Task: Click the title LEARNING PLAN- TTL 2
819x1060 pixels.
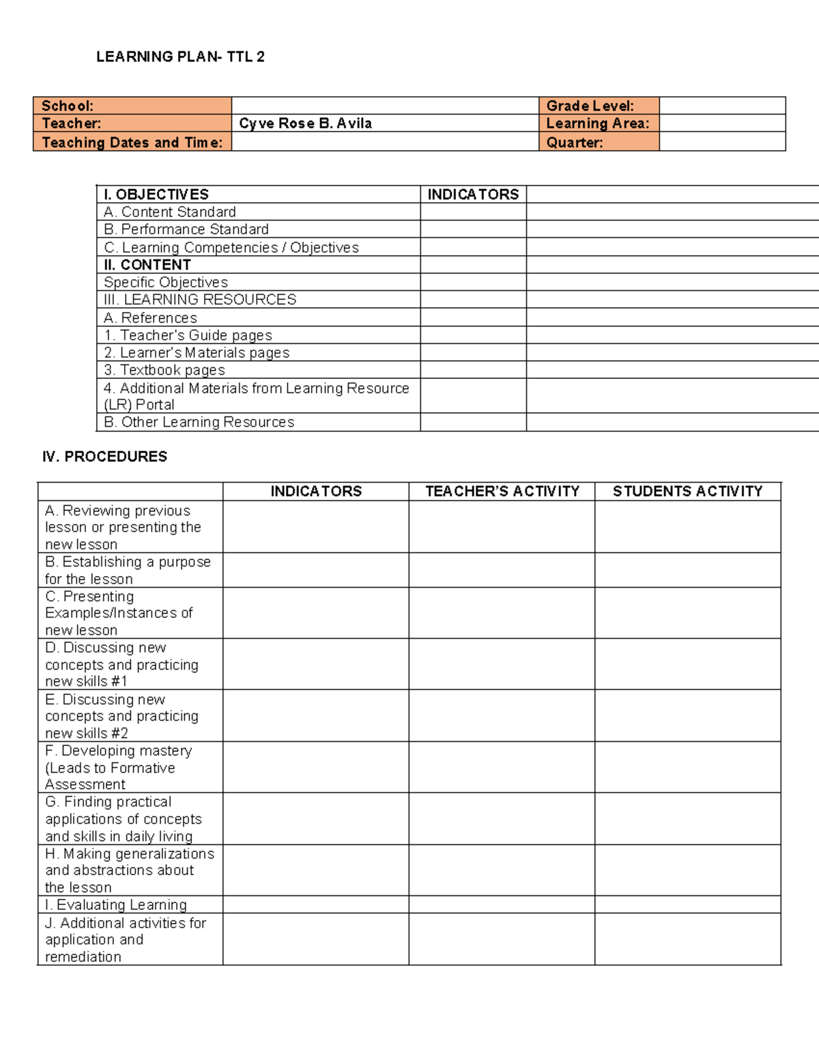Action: [180, 57]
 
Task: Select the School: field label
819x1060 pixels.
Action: [68, 106]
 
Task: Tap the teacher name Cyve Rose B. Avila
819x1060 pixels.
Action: [305, 124]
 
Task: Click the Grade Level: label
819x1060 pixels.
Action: [590, 106]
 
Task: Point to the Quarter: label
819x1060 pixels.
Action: [574, 143]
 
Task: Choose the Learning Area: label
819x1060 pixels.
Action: [597, 124]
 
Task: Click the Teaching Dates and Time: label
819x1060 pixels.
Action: [132, 143]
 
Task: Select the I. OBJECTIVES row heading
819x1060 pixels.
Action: [156, 195]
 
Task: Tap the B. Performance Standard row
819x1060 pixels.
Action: [186, 229]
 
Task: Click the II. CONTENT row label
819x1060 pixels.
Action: [147, 265]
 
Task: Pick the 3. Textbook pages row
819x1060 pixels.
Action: [164, 370]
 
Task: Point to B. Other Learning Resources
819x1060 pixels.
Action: [199, 422]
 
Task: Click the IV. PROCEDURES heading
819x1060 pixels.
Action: [104, 457]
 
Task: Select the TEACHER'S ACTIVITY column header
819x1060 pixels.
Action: [502, 491]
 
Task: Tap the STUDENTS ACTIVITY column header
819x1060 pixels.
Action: [687, 491]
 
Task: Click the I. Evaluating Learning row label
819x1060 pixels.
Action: [116, 905]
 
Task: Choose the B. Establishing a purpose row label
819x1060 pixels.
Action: [128, 570]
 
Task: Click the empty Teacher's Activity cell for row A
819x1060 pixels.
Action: [502, 527]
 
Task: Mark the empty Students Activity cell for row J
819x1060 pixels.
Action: [687, 939]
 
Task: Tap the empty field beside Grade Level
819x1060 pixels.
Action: [722, 106]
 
